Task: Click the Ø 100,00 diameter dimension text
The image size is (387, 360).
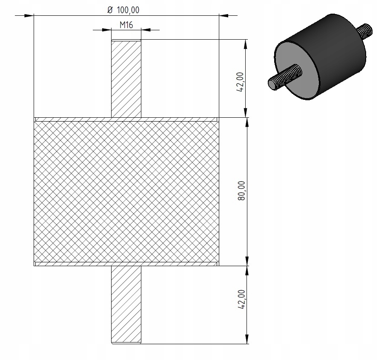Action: click(126, 9)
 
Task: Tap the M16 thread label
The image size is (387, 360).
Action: click(126, 25)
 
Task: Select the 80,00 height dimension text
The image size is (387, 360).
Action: click(241, 191)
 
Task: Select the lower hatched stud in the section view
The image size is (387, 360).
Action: click(126, 304)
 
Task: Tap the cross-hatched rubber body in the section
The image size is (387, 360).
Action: click(126, 191)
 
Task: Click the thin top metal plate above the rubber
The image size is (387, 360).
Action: click(126, 119)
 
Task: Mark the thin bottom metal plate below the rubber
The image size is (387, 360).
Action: click(126, 264)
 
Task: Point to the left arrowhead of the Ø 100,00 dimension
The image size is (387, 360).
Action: click(29, 16)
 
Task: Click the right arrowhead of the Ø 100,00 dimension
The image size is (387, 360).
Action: click(223, 16)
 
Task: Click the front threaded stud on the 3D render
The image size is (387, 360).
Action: click(285, 77)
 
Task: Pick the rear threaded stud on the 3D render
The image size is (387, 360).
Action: click(364, 31)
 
